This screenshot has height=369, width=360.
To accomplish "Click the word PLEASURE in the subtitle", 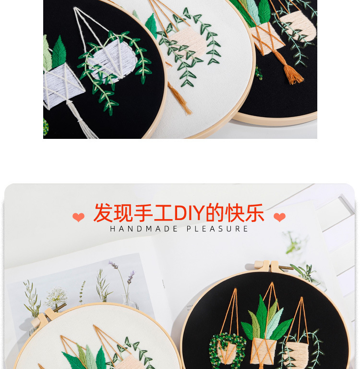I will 217,229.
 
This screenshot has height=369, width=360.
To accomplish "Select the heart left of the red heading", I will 78,218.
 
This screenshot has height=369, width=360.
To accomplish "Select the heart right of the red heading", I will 279,218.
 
